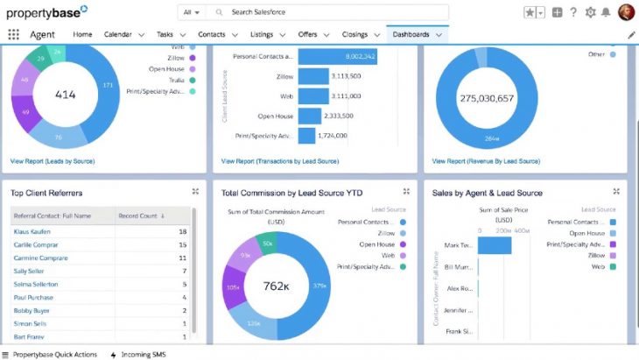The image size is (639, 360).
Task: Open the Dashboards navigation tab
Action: click(411, 34)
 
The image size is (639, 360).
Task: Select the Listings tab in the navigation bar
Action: click(261, 34)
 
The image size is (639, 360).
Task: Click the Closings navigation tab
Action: click(355, 34)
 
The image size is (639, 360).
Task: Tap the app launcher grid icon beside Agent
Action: click(13, 34)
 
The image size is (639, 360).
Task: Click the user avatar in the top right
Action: click(626, 12)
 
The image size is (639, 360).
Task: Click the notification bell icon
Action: click(606, 12)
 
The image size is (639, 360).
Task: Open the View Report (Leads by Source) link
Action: click(53, 161)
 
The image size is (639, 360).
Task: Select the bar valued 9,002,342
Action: click(337, 56)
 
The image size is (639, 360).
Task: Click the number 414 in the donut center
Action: click(66, 95)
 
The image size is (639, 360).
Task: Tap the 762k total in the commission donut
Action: click(277, 285)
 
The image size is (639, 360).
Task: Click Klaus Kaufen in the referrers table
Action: click(32, 231)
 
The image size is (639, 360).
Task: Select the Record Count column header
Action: click(142, 215)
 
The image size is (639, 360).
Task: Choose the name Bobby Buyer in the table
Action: click(31, 310)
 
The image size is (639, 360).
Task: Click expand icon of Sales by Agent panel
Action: click(617, 191)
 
